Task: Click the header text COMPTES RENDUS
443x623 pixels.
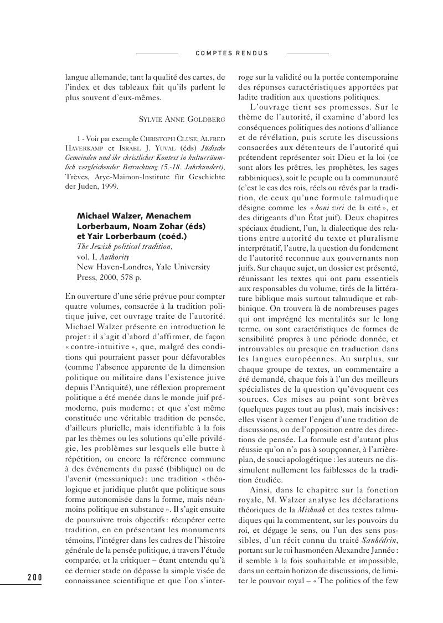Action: pos(232,54)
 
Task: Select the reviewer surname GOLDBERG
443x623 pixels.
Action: pos(205,118)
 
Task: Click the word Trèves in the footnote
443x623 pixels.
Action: pos(76,176)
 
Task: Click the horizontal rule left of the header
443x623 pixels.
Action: pos(157,54)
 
